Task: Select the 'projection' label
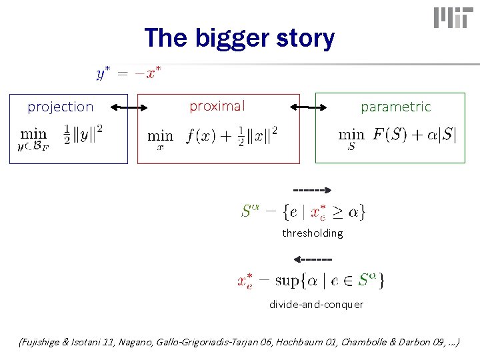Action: coord(60,107)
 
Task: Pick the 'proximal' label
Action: coord(217,106)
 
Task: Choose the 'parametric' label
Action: coord(395,107)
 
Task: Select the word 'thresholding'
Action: coord(312,233)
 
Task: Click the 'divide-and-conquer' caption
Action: coord(316,304)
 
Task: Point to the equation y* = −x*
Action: coord(129,73)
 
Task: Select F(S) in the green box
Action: coord(387,134)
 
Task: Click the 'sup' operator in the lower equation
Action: coord(287,281)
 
